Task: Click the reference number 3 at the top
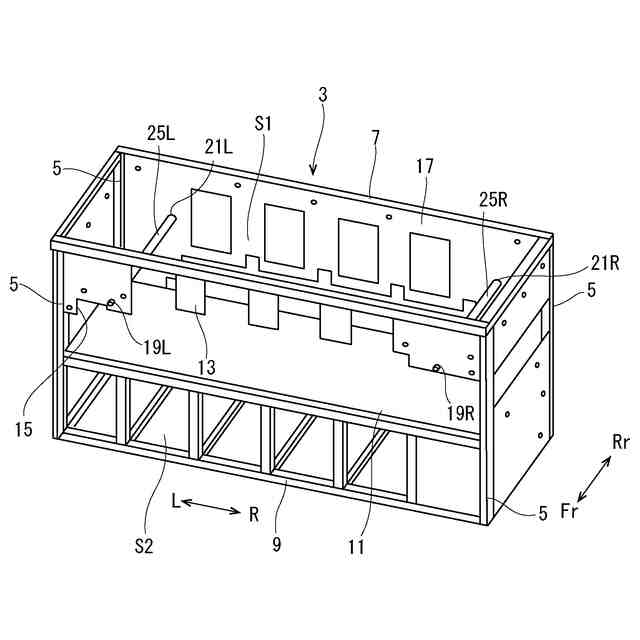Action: coord(322,96)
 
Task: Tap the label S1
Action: coord(264,124)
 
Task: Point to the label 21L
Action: coord(219,147)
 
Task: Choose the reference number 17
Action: coord(424,166)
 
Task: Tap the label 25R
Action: coord(493,200)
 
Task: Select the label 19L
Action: coord(156,347)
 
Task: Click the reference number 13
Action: coord(206,367)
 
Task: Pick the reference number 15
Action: coord(24,429)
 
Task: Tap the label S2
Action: coord(145,546)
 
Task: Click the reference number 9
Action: coord(276,545)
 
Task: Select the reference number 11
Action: coord(357,546)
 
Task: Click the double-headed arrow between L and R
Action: coord(213,508)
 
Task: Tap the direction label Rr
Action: coord(621,441)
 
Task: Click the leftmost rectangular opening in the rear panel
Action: coord(210,222)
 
